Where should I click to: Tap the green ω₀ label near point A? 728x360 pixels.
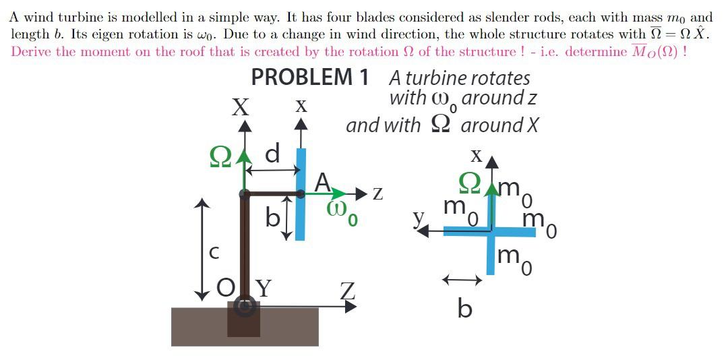tap(342, 212)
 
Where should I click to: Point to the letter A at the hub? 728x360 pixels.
tap(324, 182)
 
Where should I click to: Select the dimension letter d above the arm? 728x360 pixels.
tap(272, 154)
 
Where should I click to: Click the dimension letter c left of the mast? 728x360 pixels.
tap(214, 253)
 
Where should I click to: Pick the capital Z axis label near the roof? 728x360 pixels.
tap(347, 293)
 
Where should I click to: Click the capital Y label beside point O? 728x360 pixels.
tap(263, 289)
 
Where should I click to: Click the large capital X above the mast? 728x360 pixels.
tap(241, 107)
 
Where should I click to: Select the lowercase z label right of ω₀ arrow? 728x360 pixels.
tap(378, 194)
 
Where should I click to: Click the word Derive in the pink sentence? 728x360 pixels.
tap(30, 52)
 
